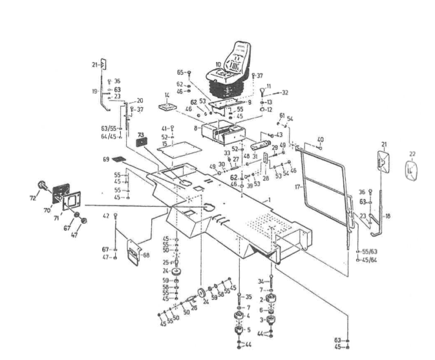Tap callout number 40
321,138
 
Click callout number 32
284,92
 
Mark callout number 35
248,297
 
